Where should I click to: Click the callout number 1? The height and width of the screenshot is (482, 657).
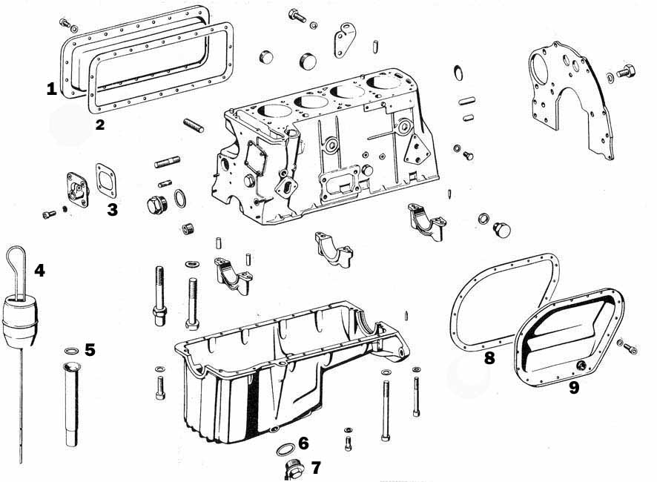tap(52, 89)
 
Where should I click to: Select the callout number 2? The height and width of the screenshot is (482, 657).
tap(99, 125)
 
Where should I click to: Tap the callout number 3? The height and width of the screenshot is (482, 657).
tap(112, 210)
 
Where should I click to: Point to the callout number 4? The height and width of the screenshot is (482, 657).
tap(39, 271)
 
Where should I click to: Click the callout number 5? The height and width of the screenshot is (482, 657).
tap(90, 349)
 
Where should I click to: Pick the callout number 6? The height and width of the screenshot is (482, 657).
tap(303, 443)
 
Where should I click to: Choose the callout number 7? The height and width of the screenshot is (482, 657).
tap(316, 468)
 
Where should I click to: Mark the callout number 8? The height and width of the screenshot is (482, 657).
tap(489, 358)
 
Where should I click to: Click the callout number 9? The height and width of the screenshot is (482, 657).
tap(574, 388)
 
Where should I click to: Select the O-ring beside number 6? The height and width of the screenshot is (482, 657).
tap(285, 449)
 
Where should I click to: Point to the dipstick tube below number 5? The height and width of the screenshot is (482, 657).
tap(72, 403)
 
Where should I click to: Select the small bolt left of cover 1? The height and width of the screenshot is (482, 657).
tap(65, 23)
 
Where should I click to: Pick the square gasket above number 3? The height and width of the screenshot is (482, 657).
tap(106, 181)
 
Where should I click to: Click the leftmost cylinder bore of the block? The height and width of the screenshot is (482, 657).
tap(274, 110)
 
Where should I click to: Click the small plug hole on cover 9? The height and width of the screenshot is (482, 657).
tap(581, 365)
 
